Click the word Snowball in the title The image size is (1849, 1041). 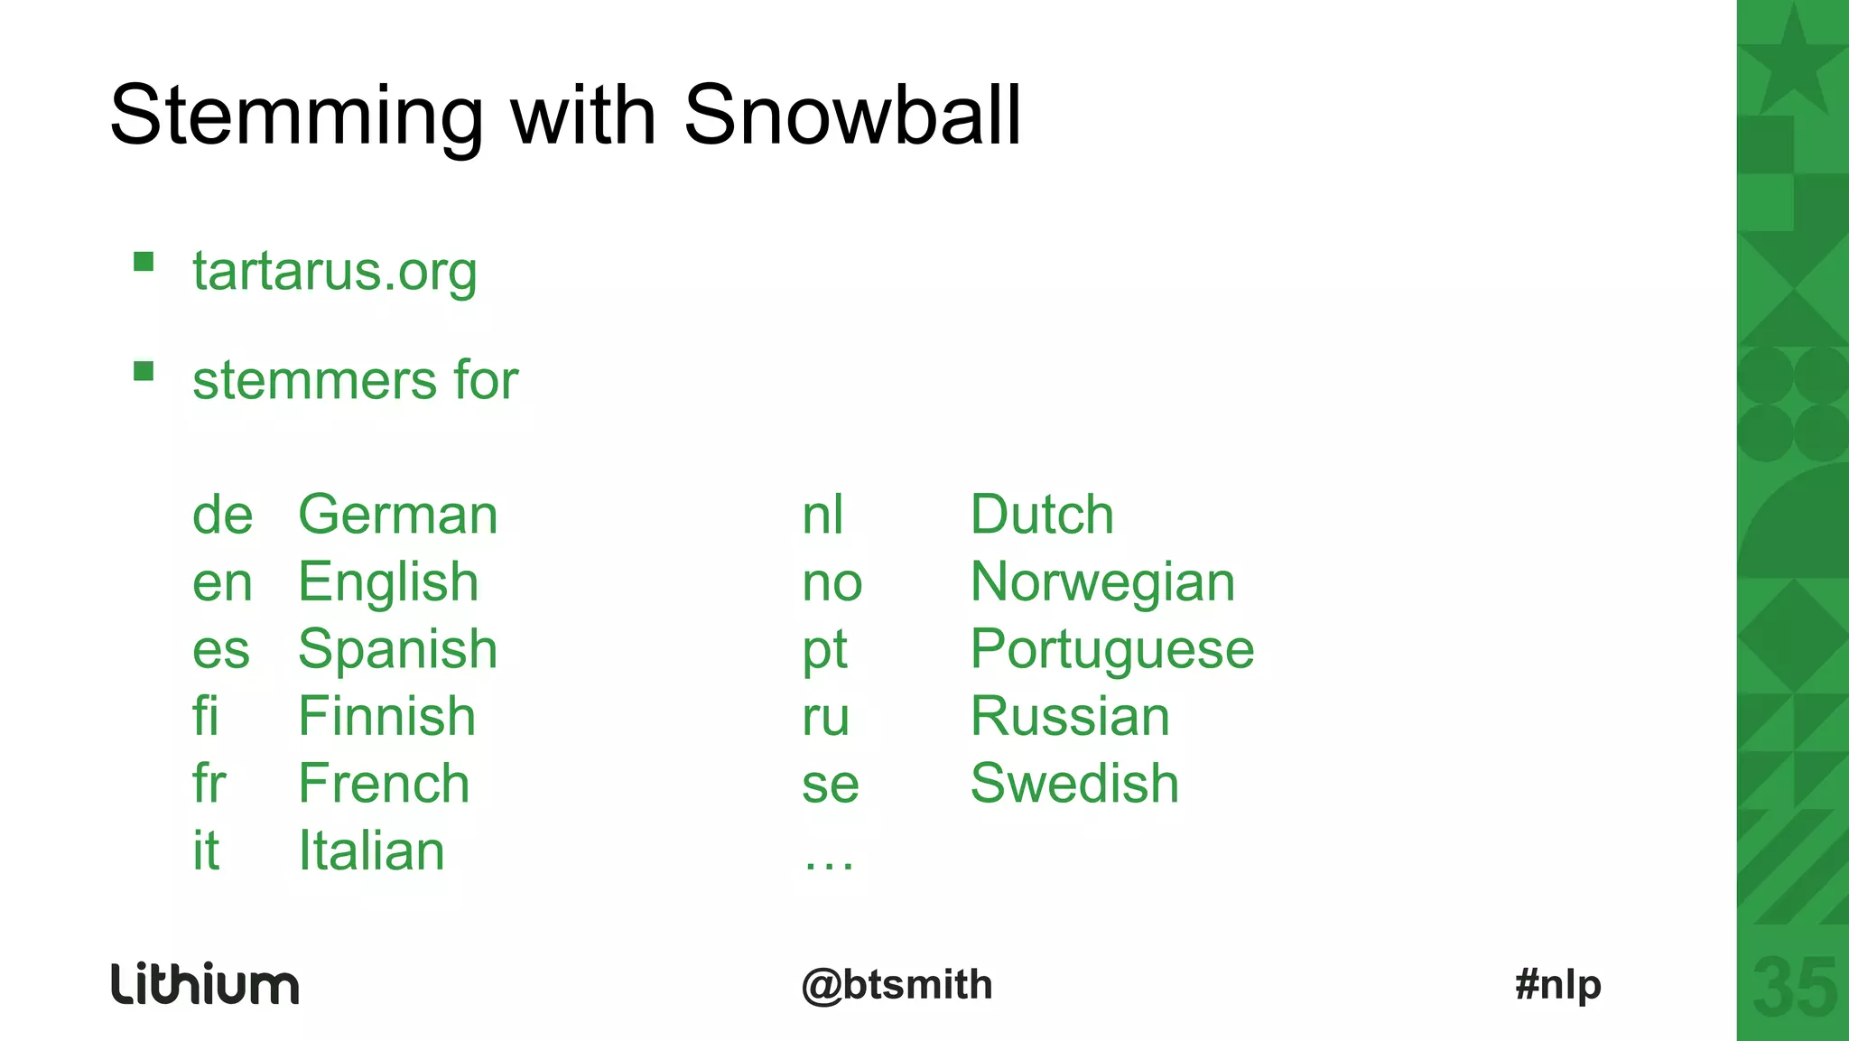coord(852,116)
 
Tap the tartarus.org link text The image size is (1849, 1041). coord(334,271)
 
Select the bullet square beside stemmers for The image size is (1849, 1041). coord(144,371)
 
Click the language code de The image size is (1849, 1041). coord(222,516)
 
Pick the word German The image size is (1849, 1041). coord(397,516)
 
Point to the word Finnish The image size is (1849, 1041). coord(386,717)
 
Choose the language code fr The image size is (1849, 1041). coord(209,784)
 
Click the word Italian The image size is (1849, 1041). coord(371,850)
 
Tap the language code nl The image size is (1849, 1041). coord(822,516)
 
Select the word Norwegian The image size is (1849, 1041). coord(1102,582)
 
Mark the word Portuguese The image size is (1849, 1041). coord(1112,650)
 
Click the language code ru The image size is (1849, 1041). coord(826,717)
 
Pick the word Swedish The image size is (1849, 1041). coord(1074,784)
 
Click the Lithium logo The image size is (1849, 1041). coord(205,984)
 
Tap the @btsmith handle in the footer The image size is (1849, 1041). coord(897,985)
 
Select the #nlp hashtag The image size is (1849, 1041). coord(1558,985)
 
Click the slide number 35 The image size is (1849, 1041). coord(1794,989)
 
